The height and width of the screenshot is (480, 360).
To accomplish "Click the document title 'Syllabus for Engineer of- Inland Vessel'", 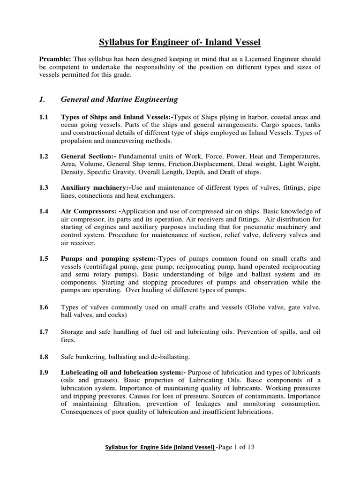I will point(180,43).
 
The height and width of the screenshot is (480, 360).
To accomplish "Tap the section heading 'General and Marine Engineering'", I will point(120,99).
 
